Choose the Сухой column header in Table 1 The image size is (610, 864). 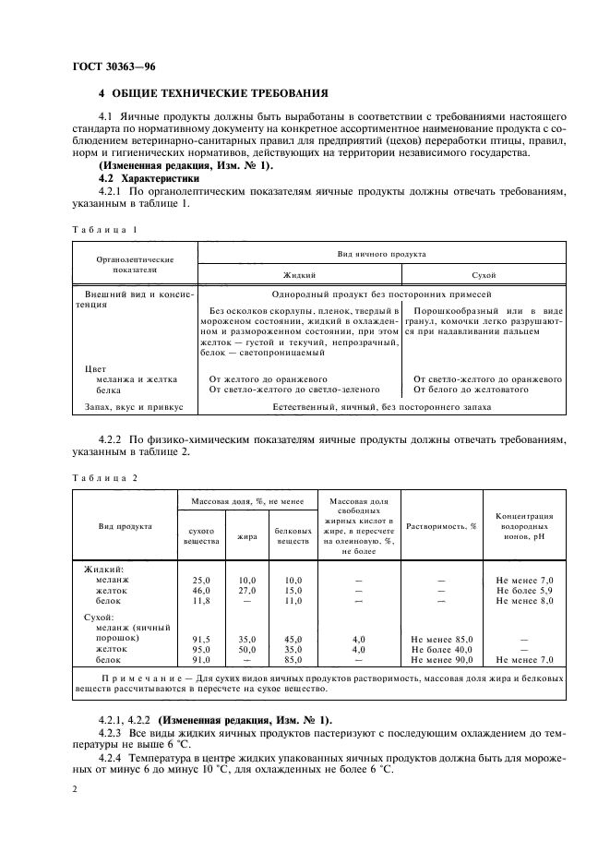coord(483,275)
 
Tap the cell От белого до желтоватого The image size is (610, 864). coord(470,390)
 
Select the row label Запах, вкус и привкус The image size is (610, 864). coord(135,406)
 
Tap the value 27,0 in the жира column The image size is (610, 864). coord(247,589)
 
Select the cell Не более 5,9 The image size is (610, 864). coord(524,589)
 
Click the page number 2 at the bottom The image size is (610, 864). coord(74,790)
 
